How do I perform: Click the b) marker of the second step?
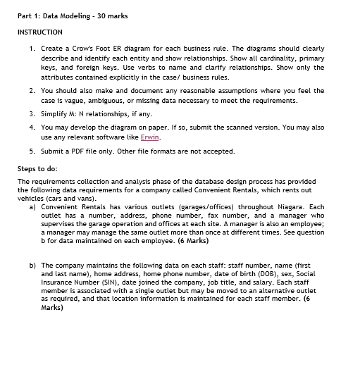32,265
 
